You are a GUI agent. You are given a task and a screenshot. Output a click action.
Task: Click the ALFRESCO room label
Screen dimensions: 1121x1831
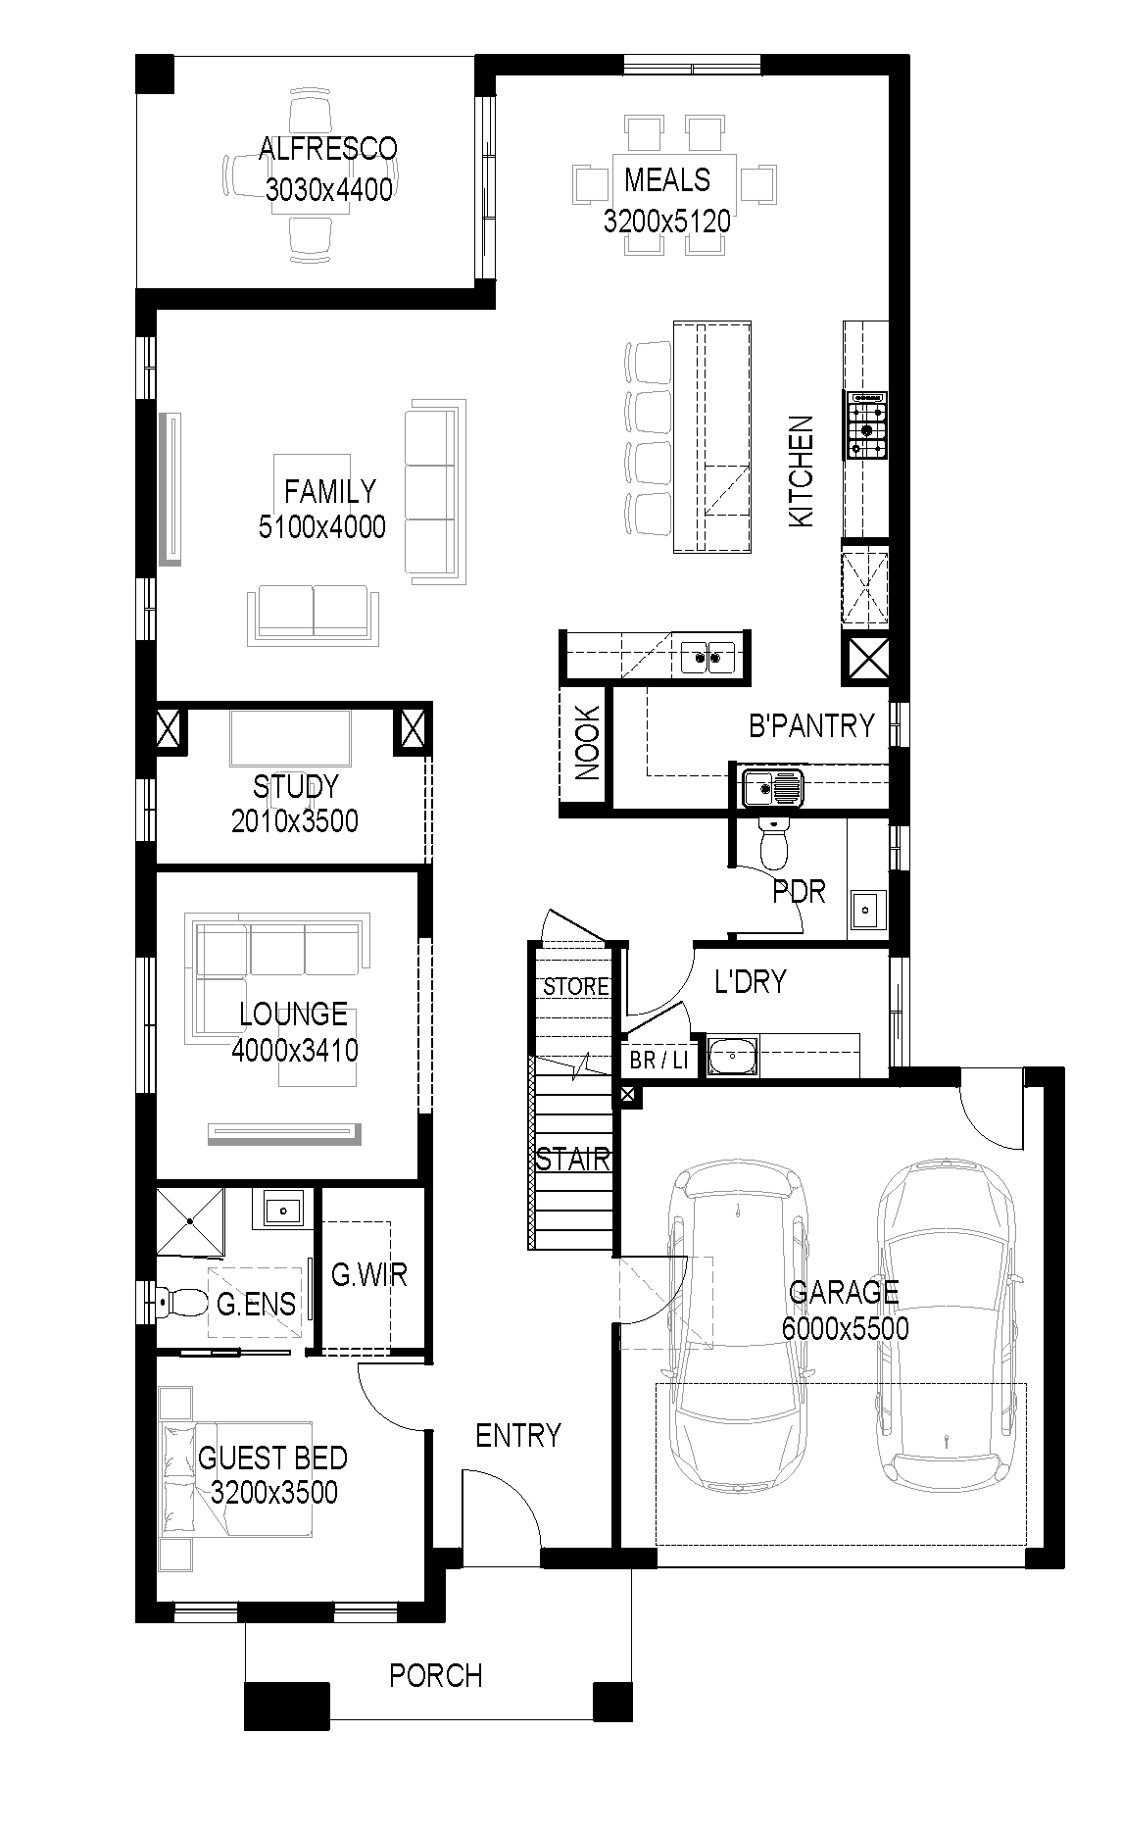(328, 149)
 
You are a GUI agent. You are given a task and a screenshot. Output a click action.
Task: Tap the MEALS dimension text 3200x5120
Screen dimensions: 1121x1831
(667, 222)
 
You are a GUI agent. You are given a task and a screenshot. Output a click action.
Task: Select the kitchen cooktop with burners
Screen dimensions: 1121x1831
(867, 424)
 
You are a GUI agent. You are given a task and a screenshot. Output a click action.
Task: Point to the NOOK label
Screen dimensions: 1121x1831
(587, 743)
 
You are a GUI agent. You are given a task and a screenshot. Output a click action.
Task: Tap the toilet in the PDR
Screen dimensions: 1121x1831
(774, 842)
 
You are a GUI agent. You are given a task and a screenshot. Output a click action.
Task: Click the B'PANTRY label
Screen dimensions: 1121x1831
(811, 725)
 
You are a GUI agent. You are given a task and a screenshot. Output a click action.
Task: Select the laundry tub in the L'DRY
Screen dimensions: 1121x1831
(731, 1056)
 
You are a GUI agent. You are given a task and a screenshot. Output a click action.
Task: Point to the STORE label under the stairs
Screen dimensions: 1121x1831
(576, 986)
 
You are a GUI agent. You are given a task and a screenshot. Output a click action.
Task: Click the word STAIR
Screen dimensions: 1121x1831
(573, 1161)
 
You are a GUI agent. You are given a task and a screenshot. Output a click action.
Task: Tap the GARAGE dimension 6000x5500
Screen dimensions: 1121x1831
(845, 1329)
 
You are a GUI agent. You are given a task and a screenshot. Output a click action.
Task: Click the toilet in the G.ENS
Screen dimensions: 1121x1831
(182, 1303)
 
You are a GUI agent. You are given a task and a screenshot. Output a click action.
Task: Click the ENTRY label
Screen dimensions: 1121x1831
(518, 1436)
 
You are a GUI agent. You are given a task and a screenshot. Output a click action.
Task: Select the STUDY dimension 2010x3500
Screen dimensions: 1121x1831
(295, 820)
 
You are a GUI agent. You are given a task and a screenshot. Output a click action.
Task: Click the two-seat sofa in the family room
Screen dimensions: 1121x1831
(314, 616)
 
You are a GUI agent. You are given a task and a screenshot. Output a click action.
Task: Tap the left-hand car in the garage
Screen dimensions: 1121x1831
(736, 1326)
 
